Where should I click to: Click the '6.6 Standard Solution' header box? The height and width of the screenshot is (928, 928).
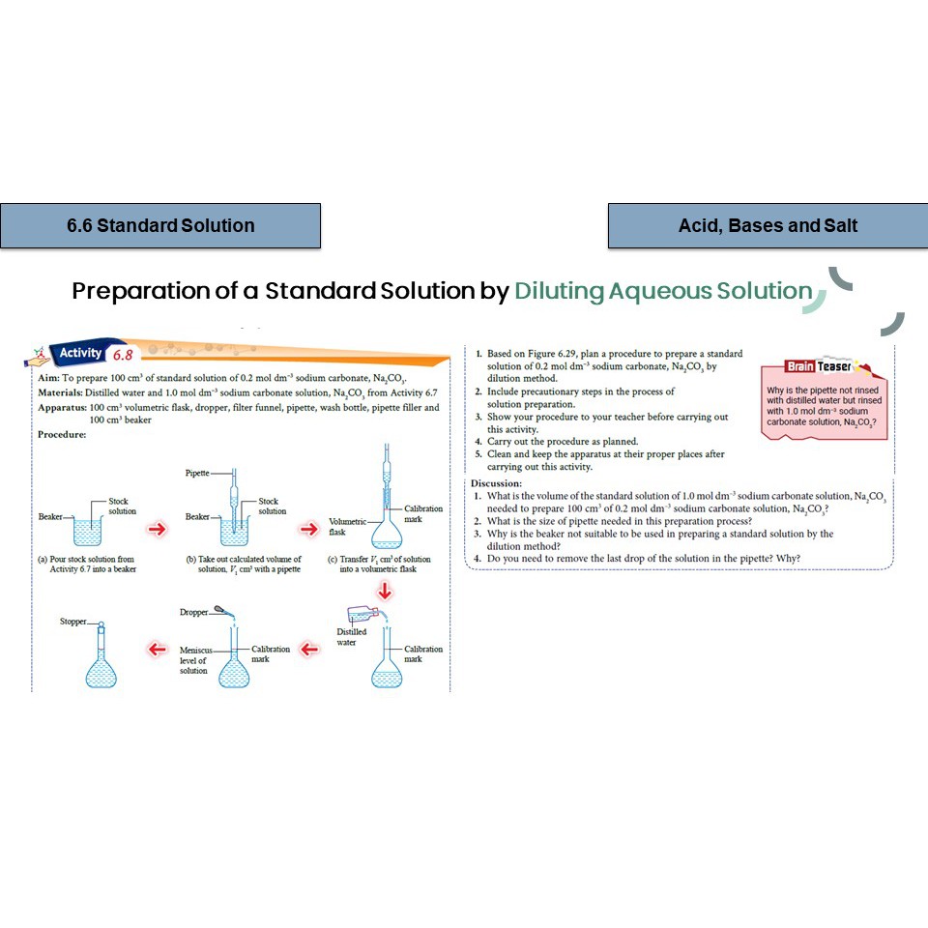tap(160, 226)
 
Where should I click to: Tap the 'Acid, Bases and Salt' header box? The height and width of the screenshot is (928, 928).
tap(768, 226)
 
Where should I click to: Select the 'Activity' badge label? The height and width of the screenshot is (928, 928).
tap(80, 354)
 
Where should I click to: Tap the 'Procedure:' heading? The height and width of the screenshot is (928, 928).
tap(62, 434)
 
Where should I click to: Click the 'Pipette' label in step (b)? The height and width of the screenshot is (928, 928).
tap(196, 473)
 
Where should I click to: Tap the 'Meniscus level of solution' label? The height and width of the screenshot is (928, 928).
tap(193, 660)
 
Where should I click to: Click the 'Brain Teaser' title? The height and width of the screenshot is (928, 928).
tap(817, 366)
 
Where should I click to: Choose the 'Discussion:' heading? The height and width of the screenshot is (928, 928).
tap(496, 483)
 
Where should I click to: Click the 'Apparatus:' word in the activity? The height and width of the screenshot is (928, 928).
tap(61, 408)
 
